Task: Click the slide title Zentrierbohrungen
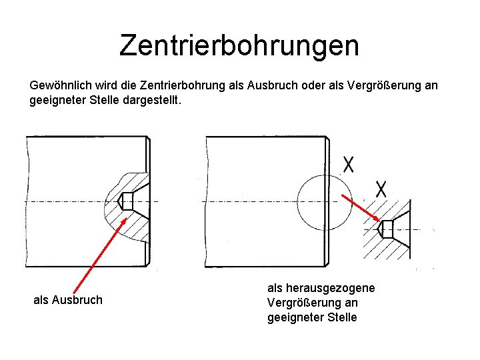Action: (239, 45)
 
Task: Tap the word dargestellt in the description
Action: (157, 101)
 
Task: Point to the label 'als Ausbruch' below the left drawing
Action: (68, 300)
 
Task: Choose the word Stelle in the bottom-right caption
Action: (341, 317)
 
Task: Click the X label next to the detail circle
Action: (348, 163)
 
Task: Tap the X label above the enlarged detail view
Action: (381, 189)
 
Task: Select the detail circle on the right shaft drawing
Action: (323, 201)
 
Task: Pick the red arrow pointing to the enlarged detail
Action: (361, 207)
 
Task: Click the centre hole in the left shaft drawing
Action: (129, 200)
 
